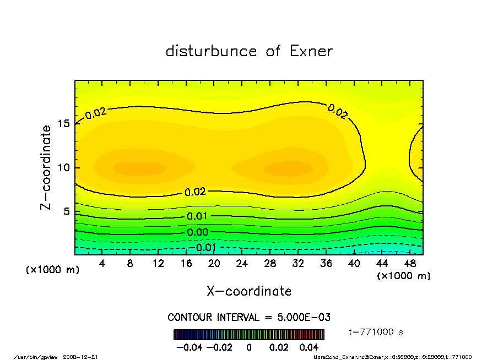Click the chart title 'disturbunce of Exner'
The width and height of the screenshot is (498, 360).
click(x=249, y=52)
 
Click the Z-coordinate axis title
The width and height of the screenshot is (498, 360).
click(x=46, y=167)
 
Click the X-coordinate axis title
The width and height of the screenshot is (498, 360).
click(x=249, y=291)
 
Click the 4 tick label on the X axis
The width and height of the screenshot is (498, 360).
click(x=102, y=264)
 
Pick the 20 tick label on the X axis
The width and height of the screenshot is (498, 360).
click(x=214, y=264)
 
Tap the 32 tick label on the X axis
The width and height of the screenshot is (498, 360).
click(x=298, y=264)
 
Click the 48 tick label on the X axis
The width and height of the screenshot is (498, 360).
click(x=410, y=264)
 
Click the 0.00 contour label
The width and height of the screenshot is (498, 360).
click(x=197, y=232)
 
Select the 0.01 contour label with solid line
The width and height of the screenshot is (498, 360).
click(x=197, y=216)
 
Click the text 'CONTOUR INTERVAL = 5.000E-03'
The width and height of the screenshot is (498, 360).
click(x=249, y=318)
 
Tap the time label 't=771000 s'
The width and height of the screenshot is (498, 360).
click(x=377, y=332)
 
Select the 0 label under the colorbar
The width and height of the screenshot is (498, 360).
click(x=249, y=347)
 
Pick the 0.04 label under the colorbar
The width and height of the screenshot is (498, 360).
click(x=309, y=347)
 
